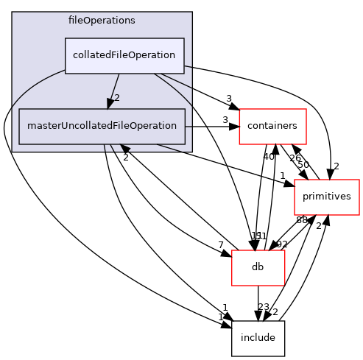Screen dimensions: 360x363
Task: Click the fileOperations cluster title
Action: (x=102, y=21)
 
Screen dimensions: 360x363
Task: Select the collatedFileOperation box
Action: (x=124, y=56)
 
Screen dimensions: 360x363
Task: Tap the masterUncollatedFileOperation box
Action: (x=102, y=126)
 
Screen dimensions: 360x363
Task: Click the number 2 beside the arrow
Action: (x=116, y=98)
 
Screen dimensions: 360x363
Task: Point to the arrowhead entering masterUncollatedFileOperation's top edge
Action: (x=110, y=104)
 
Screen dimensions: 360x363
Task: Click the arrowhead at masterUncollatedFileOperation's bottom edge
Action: (x=124, y=148)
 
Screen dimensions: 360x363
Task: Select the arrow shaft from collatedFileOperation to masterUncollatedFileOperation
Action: (x=115, y=88)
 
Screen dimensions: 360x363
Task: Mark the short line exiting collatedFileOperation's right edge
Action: (x=188, y=66)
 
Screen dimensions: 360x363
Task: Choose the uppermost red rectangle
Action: (x=272, y=127)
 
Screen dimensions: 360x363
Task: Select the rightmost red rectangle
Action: (x=326, y=197)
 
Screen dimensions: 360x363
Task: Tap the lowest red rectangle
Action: (x=258, y=268)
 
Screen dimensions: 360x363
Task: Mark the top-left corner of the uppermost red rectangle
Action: (x=239, y=109)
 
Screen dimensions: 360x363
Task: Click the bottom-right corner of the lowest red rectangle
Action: (x=284, y=285)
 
